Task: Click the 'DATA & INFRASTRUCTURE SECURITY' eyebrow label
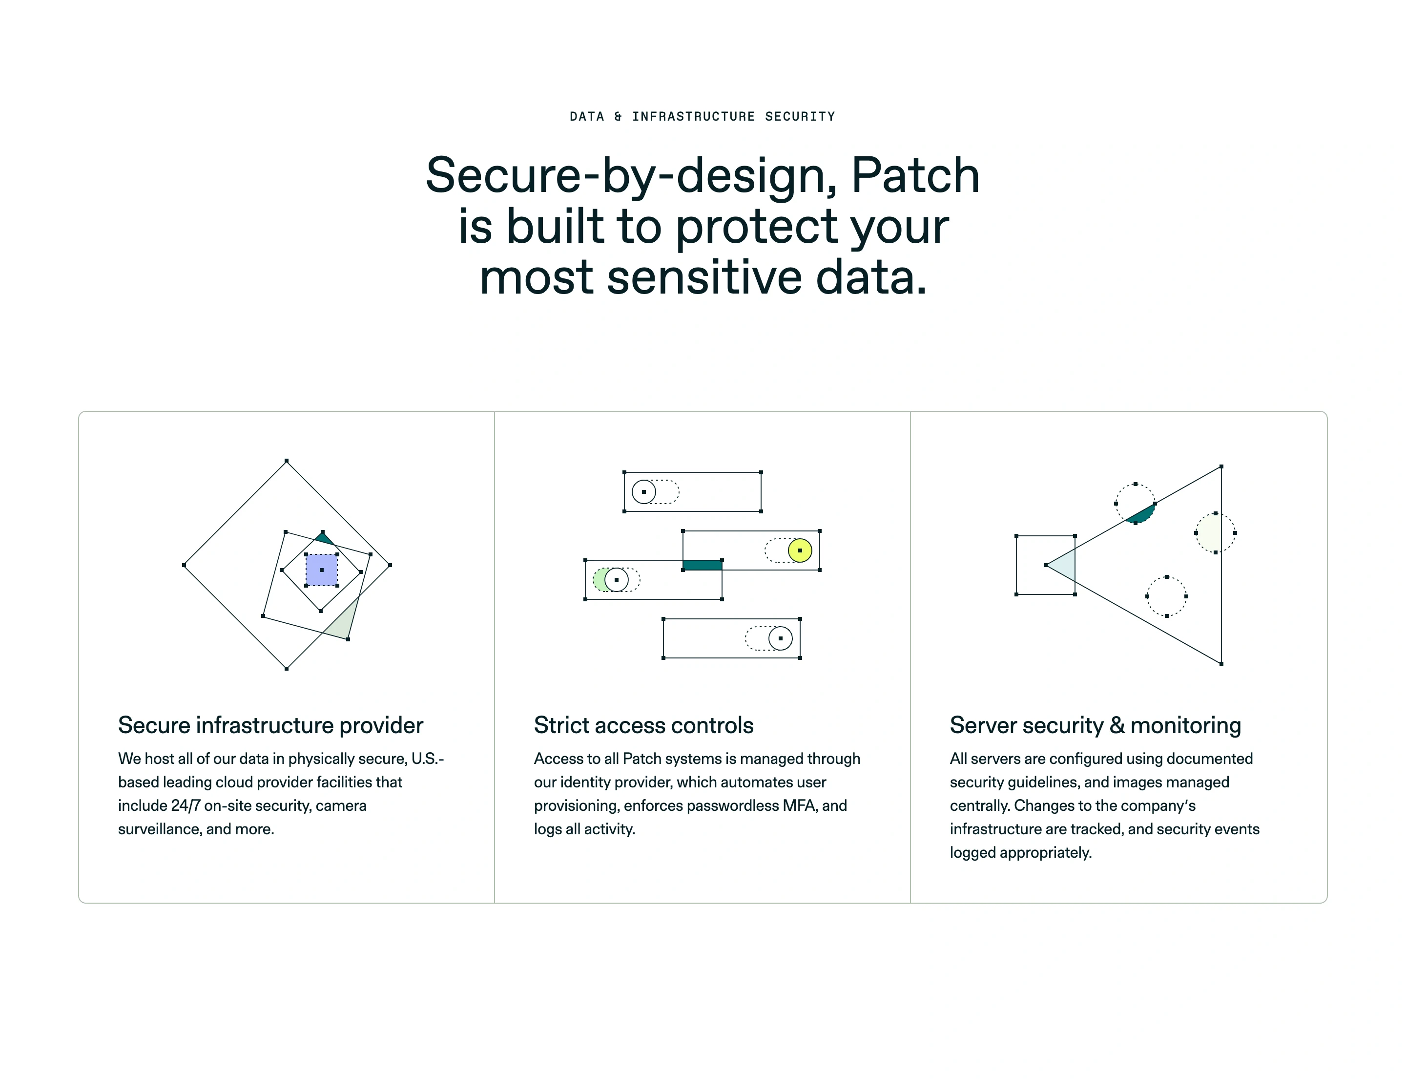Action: coord(703,116)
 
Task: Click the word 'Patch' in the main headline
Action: coord(914,175)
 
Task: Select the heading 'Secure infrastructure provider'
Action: coord(270,725)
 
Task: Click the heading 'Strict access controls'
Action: coord(643,725)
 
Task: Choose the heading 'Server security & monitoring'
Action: coord(1095,725)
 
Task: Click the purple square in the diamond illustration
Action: coord(321,570)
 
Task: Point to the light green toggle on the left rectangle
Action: coord(600,580)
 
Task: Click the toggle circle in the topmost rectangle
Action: coord(643,492)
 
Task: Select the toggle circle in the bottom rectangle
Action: coord(780,638)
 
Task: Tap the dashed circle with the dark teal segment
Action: coord(1135,504)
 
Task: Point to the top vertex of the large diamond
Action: coord(287,461)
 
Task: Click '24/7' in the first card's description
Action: coord(186,805)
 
